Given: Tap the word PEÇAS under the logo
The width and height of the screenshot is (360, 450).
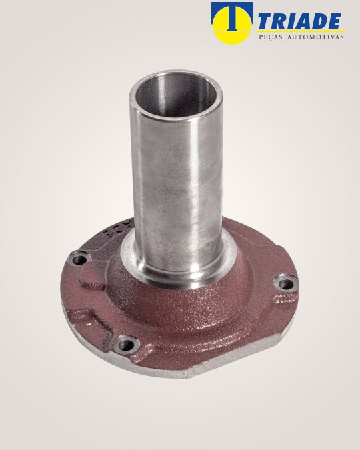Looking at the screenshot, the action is click(x=269, y=37).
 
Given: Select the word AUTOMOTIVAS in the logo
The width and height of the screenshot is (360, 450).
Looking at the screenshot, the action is click(x=315, y=37).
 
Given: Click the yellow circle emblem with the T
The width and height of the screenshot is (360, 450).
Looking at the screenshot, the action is click(x=232, y=23).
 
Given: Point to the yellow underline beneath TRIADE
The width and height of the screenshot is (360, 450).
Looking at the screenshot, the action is click(x=301, y=31).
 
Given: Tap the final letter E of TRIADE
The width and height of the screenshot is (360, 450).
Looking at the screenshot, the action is click(x=333, y=21).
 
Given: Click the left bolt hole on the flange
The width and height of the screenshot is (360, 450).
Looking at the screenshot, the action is click(x=80, y=260).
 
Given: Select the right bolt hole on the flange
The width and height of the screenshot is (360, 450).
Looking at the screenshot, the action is click(x=286, y=284).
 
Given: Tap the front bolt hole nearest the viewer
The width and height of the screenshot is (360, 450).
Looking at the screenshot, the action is click(x=126, y=345).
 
